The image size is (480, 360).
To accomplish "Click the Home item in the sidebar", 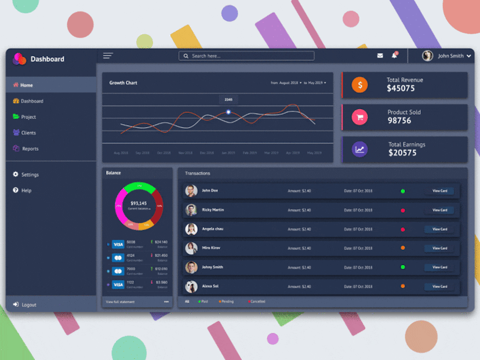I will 27,85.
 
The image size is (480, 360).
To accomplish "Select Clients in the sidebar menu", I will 28,133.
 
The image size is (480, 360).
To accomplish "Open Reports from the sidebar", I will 30,149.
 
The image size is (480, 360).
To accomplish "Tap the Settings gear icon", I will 16,174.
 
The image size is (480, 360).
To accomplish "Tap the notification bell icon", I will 394,56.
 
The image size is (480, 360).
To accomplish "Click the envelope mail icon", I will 380,56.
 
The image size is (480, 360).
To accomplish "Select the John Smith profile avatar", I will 427,56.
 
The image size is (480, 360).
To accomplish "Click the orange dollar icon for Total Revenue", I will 360,85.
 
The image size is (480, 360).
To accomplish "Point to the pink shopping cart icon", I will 360,117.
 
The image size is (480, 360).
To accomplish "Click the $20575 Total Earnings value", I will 402,153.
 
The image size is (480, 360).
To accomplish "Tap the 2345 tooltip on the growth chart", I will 228,100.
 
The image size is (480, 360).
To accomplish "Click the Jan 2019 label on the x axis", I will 228,153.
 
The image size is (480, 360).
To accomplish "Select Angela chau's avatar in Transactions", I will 191,229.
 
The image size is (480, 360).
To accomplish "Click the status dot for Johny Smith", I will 402,267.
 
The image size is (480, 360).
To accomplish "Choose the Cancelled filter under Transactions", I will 257,301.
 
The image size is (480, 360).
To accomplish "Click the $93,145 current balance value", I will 139,203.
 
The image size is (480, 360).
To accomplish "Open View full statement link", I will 120,302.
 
